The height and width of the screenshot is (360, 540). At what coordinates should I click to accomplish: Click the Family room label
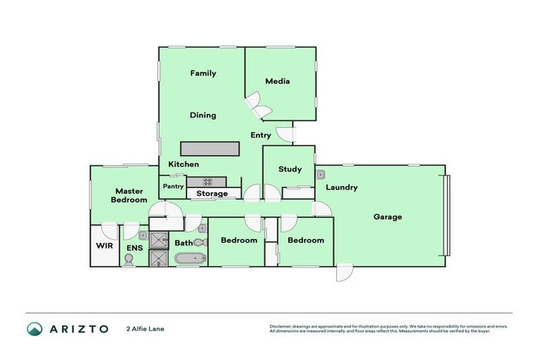point(203,73)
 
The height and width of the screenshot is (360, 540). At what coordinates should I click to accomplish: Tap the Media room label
point(277,82)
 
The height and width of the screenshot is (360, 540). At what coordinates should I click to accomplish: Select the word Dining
point(203,115)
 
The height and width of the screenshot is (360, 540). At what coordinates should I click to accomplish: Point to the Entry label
point(260,135)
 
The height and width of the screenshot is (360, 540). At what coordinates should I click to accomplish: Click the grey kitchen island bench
point(210,149)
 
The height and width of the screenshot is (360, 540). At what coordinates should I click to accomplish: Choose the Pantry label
point(173,186)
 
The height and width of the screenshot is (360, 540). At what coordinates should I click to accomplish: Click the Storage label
point(212,193)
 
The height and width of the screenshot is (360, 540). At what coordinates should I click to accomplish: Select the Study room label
point(290,169)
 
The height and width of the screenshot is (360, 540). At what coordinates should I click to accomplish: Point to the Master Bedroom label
point(129,195)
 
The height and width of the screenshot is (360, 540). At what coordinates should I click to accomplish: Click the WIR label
point(104,247)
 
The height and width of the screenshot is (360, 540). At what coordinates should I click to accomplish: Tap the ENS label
point(134,247)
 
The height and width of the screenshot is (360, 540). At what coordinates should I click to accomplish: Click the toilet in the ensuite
point(129,259)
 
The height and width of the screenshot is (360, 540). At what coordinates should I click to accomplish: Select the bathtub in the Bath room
point(190,259)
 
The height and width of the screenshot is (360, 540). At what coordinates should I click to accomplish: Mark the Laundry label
point(341,188)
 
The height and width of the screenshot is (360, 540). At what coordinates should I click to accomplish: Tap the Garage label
point(387,217)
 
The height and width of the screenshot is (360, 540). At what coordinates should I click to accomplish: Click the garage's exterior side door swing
point(344,273)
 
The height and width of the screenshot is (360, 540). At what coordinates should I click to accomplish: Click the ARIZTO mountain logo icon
point(34,328)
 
